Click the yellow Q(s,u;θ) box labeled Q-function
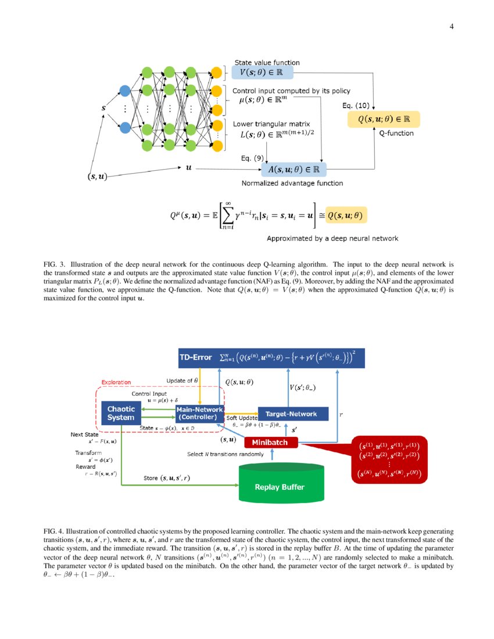tap(383, 119)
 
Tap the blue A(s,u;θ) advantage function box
tap(293, 169)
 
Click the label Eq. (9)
tap(252, 157)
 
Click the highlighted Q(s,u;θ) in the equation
tap(346, 215)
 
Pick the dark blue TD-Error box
tap(271, 358)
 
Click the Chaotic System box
tap(121, 413)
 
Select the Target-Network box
tap(291, 414)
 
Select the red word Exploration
tap(116, 382)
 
